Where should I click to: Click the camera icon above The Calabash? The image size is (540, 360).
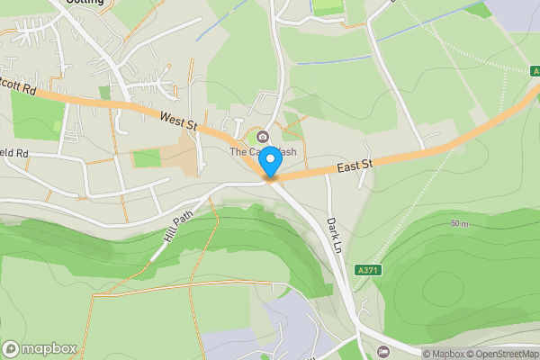(x=263, y=137)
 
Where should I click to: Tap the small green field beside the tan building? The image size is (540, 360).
(x=146, y=159)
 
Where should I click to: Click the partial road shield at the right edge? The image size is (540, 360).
(x=535, y=71)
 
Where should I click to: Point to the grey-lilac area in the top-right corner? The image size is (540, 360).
(x=517, y=13)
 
